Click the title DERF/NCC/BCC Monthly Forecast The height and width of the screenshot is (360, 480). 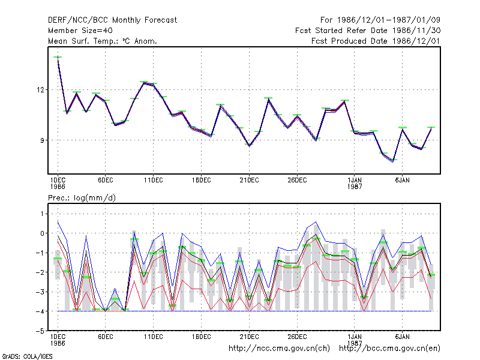tap(112, 20)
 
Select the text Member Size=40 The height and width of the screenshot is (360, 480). tap(80, 31)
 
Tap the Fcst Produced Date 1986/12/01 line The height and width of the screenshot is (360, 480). tap(376, 41)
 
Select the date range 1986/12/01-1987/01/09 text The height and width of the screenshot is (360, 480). tap(388, 20)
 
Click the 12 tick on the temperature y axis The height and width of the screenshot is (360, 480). tap(40, 90)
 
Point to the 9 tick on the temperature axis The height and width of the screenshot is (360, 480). tap(42, 140)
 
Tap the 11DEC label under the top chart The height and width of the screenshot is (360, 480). tap(154, 181)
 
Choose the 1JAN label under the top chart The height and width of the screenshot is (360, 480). tap(355, 181)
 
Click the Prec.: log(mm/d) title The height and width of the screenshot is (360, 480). tap(82, 198)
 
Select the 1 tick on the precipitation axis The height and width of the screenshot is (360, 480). tap(42, 214)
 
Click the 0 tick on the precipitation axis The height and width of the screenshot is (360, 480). tap(42, 233)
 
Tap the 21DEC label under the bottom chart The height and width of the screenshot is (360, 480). tap(249, 337)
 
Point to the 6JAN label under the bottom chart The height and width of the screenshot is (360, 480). tap(402, 337)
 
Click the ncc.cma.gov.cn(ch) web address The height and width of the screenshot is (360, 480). tap(279, 349)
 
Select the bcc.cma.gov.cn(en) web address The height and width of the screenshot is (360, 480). tap(389, 349)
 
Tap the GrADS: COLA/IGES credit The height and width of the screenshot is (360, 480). tap(27, 356)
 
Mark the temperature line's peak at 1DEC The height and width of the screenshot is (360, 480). tap(58, 57)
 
